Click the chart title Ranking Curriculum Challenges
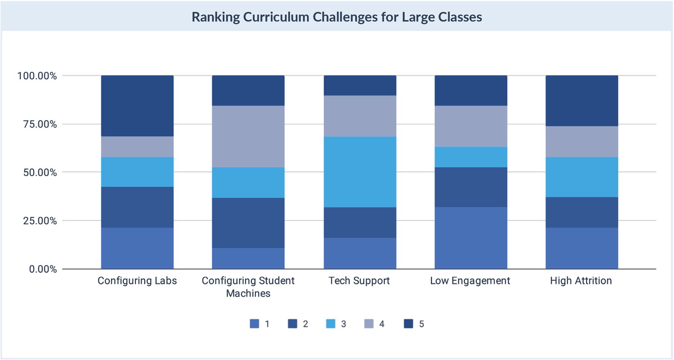pos(337,17)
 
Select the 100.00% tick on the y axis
pos(37,76)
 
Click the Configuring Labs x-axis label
pos(137,281)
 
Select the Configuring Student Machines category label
pos(248,287)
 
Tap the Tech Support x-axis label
pos(359,281)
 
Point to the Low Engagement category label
pos(470,281)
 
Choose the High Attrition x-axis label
pos(581,281)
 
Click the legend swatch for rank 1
pos(254,324)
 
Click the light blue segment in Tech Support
pos(360,172)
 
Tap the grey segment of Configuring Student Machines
pos(248,137)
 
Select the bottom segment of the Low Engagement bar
pos(471,238)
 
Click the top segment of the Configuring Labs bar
pos(137,106)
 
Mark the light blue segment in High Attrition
pos(582,177)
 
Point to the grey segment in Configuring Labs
pos(137,147)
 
